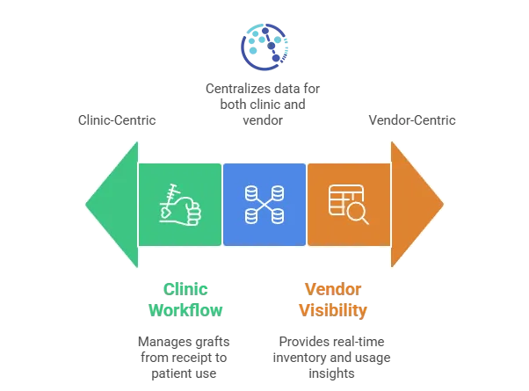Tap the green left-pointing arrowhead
pos(113,204)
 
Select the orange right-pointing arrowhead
pos(416,204)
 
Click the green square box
pos(179,204)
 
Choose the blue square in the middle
pos(264,204)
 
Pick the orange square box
pos(348,204)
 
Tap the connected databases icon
pos(264,204)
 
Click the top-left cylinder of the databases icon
pos(251,192)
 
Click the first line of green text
pos(187,287)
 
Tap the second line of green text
pos(185,309)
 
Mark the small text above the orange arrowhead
pos(411,119)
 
